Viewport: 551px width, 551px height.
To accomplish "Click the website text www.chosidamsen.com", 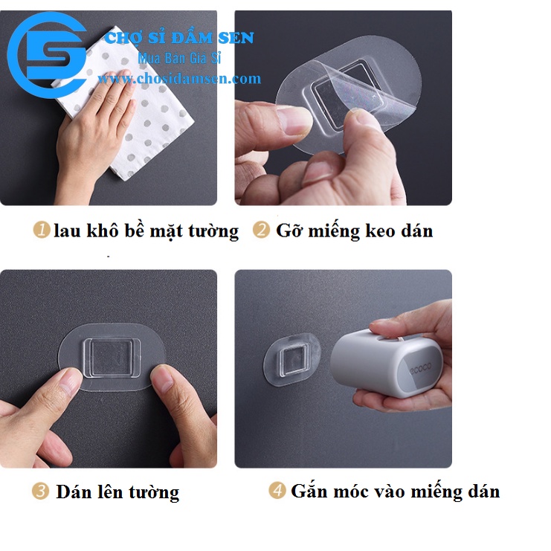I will tap(179, 78).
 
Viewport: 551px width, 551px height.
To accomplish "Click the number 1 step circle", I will tap(42, 231).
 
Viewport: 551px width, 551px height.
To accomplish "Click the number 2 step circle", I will tap(261, 231).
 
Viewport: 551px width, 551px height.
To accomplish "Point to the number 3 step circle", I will tap(42, 492).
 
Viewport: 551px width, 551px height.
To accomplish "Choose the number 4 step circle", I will tap(277, 491).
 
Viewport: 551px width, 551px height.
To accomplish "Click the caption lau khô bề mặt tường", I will tap(146, 231).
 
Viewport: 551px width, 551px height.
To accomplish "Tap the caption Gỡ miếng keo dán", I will tap(354, 231).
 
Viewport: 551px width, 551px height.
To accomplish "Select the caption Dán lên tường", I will tap(117, 492).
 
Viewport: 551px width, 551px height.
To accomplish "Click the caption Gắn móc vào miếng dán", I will tap(395, 492).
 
